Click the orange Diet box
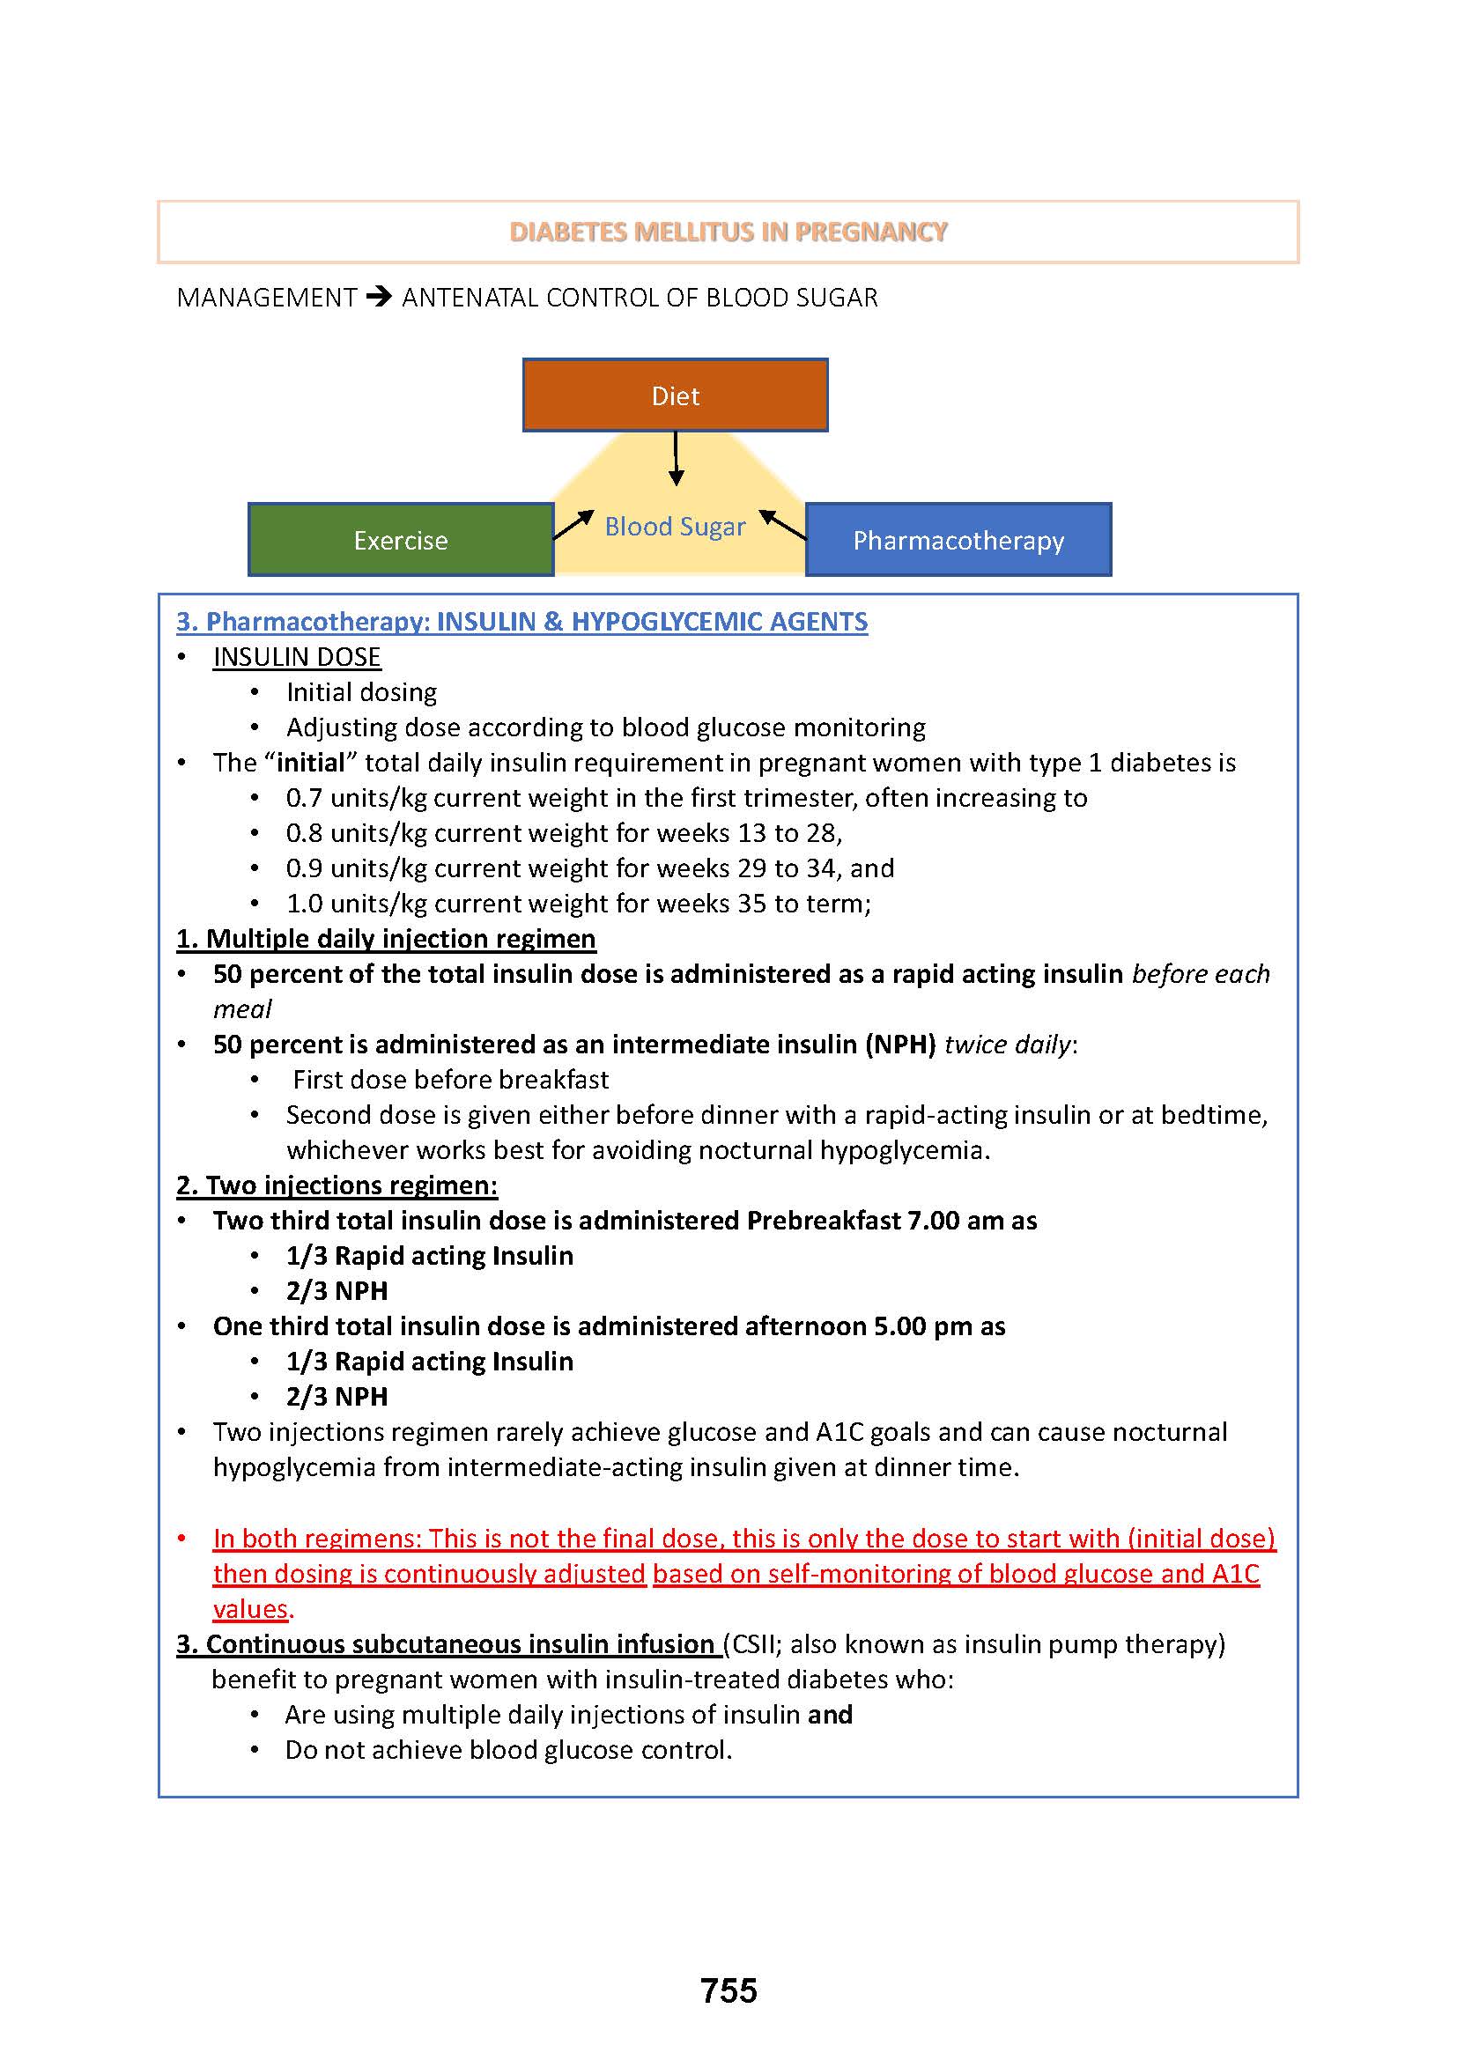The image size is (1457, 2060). pyautogui.click(x=675, y=395)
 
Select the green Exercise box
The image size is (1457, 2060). pyautogui.click(x=400, y=540)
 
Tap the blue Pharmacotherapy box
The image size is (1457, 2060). pyautogui.click(x=958, y=540)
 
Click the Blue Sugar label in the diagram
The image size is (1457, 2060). pyautogui.click(x=675, y=527)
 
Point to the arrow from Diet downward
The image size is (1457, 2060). pyautogui.click(x=676, y=459)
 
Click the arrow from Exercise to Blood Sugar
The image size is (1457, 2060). pyautogui.click(x=574, y=525)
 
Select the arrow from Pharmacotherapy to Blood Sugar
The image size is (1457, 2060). pyautogui.click(x=782, y=524)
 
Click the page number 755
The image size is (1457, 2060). pyautogui.click(x=728, y=1990)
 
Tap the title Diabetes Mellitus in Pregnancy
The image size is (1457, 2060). pyautogui.click(x=728, y=233)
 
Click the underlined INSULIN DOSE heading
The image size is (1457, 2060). pyautogui.click(x=297, y=658)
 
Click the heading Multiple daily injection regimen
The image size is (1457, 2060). pyautogui.click(x=386, y=939)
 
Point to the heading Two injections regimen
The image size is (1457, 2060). pyautogui.click(x=337, y=1185)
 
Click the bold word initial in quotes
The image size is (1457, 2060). pyautogui.click(x=310, y=763)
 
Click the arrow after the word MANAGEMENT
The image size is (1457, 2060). pyautogui.click(x=380, y=297)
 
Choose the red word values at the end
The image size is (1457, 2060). pyautogui.click(x=250, y=1609)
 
